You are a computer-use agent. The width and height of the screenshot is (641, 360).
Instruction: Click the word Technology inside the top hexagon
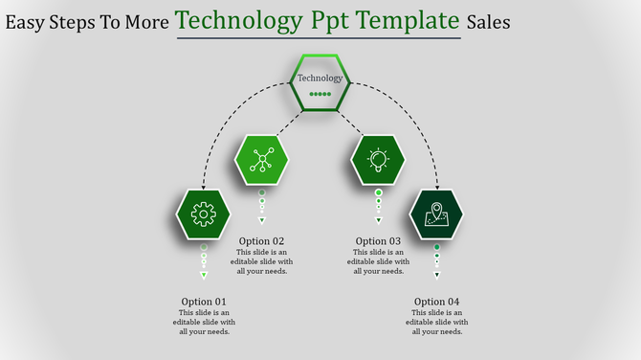[320, 78]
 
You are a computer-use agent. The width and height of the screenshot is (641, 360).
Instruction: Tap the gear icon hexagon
[204, 214]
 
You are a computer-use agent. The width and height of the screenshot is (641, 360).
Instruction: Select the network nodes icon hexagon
[261, 159]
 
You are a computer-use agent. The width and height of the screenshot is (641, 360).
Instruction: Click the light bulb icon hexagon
[378, 159]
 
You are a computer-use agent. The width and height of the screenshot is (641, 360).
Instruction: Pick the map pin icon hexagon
[436, 214]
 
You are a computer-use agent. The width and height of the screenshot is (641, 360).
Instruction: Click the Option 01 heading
[204, 302]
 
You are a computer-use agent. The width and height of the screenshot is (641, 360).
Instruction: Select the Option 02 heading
[261, 241]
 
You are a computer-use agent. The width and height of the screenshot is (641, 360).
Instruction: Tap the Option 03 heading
[378, 241]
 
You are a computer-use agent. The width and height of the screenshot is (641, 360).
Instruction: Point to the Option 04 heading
[436, 302]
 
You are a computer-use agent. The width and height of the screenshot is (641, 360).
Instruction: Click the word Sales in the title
[489, 21]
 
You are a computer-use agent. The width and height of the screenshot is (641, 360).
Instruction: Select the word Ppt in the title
[310, 21]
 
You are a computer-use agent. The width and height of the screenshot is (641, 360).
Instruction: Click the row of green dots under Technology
[320, 95]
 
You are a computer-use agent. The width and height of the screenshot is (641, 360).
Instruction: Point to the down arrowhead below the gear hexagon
[204, 276]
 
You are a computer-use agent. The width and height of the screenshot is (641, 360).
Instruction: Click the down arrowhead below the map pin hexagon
[436, 276]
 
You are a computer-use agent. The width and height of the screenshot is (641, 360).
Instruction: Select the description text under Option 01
[204, 323]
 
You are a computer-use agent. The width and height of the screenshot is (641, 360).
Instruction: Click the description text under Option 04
[436, 323]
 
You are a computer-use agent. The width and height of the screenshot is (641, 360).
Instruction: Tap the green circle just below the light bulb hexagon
[378, 192]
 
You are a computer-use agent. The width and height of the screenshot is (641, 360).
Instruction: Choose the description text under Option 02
[261, 261]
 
